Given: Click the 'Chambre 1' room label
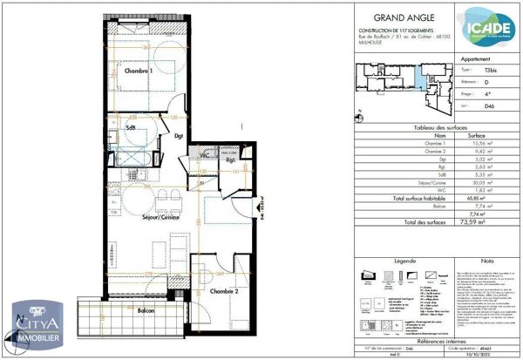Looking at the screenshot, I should coord(139,70).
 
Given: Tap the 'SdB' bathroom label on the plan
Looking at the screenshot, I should coord(131,130).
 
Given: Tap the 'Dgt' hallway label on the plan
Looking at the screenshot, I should coord(179,136).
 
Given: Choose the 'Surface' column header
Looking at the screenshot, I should coord(477,136).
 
